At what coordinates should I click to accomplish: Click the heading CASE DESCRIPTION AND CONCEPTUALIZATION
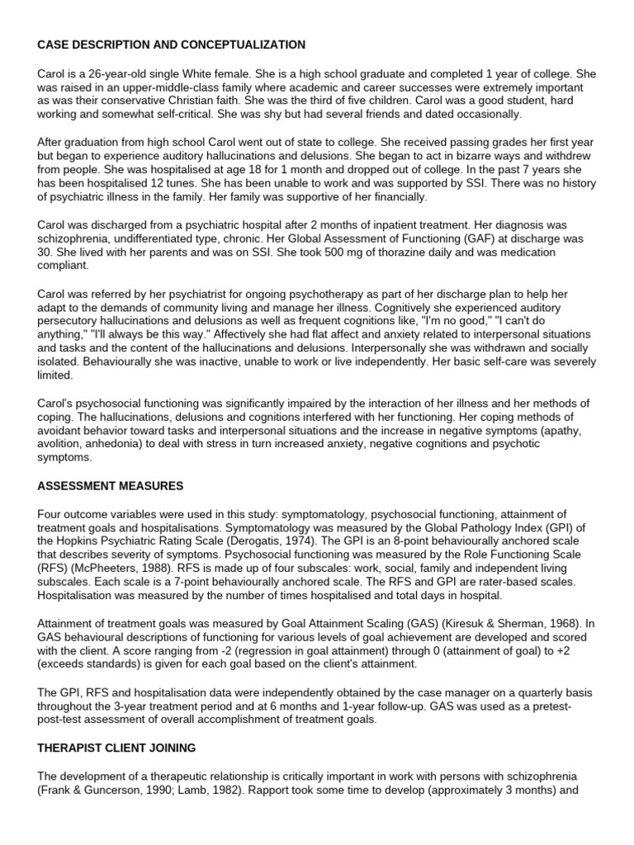(171, 45)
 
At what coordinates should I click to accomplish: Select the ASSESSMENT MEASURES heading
(110, 485)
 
